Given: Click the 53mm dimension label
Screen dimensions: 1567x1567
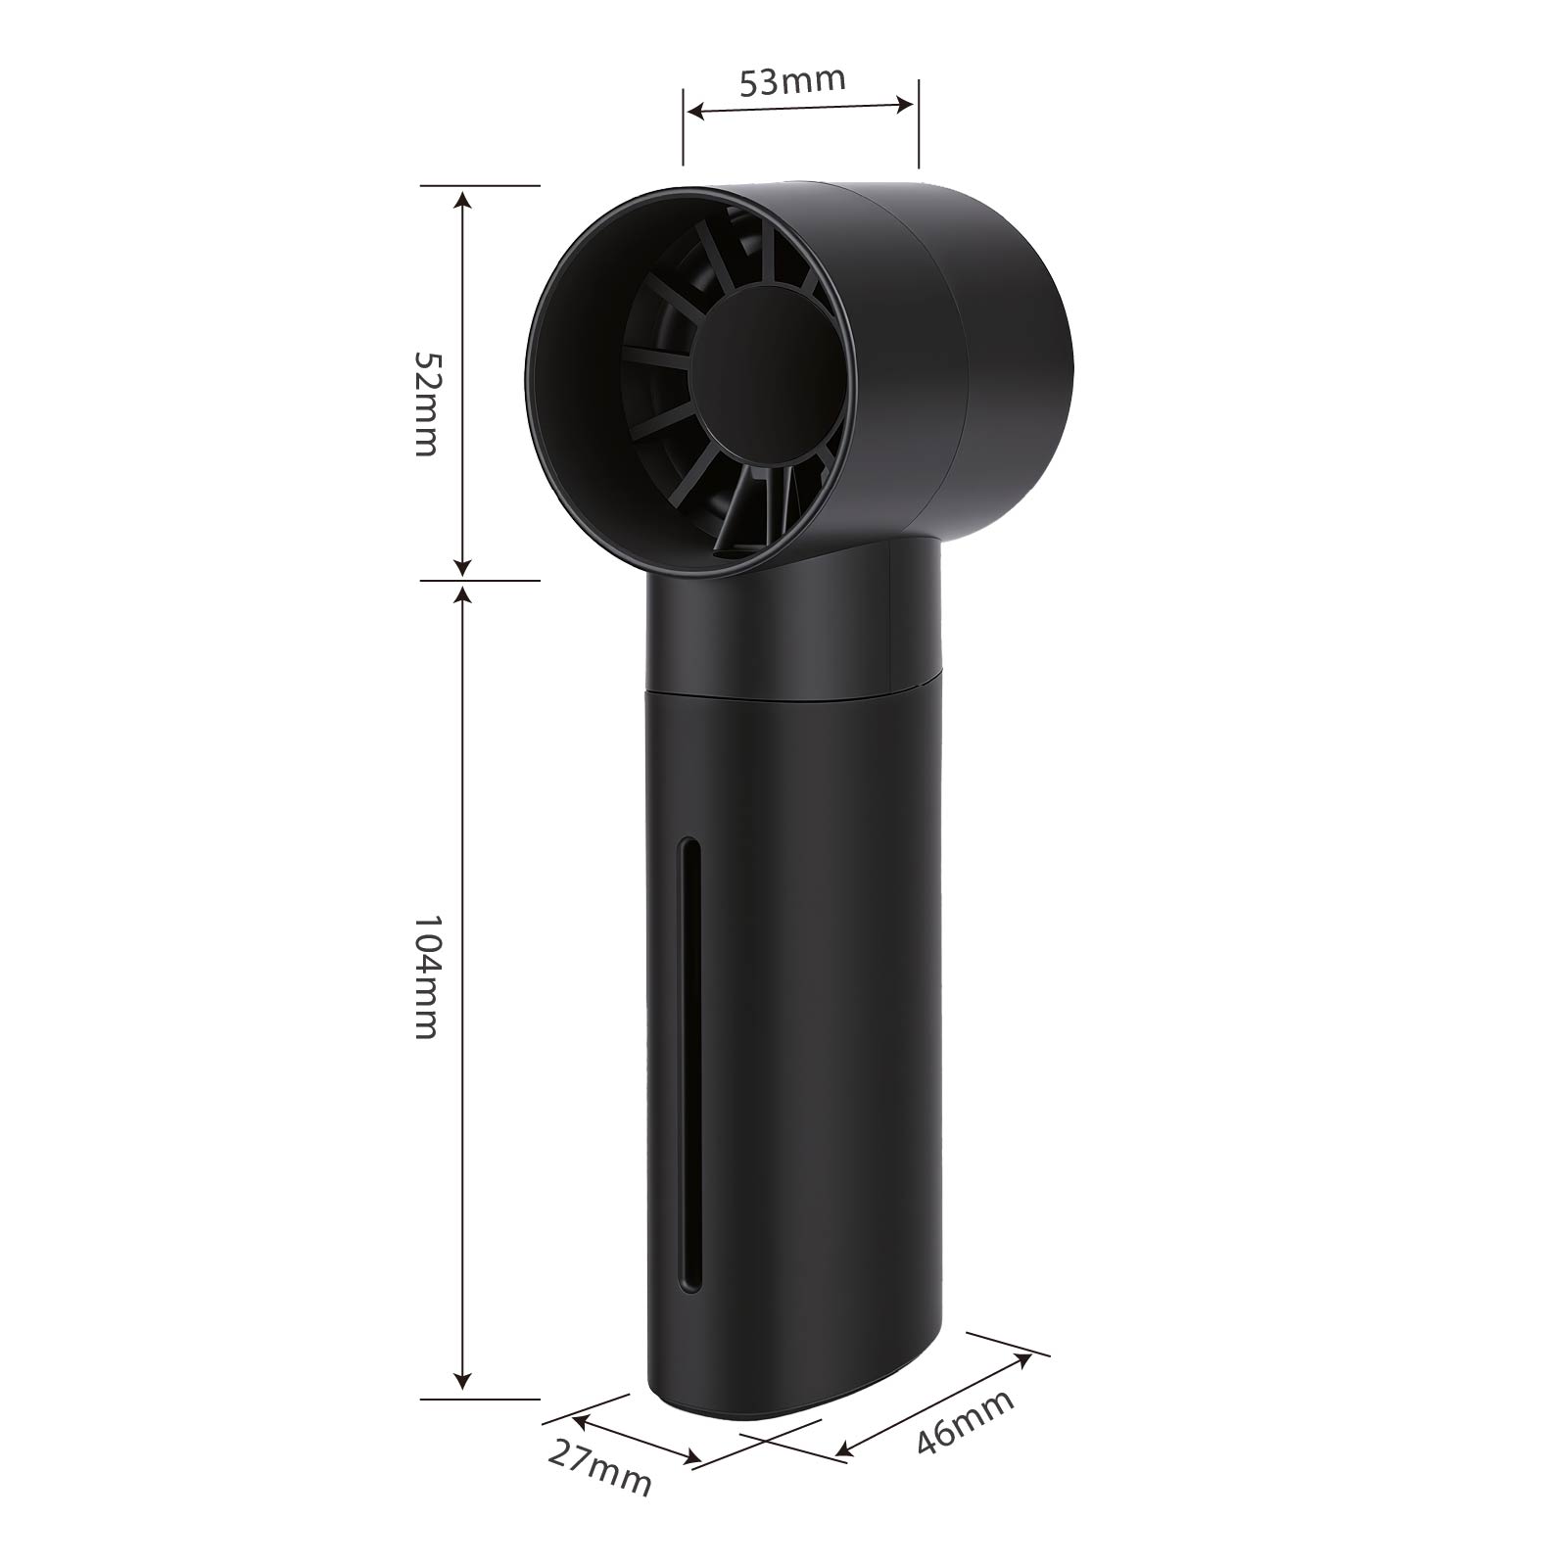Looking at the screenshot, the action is (793, 80).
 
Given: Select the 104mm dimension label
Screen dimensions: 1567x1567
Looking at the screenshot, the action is (426, 977).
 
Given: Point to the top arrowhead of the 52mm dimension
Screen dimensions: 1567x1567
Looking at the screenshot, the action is (463, 200).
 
